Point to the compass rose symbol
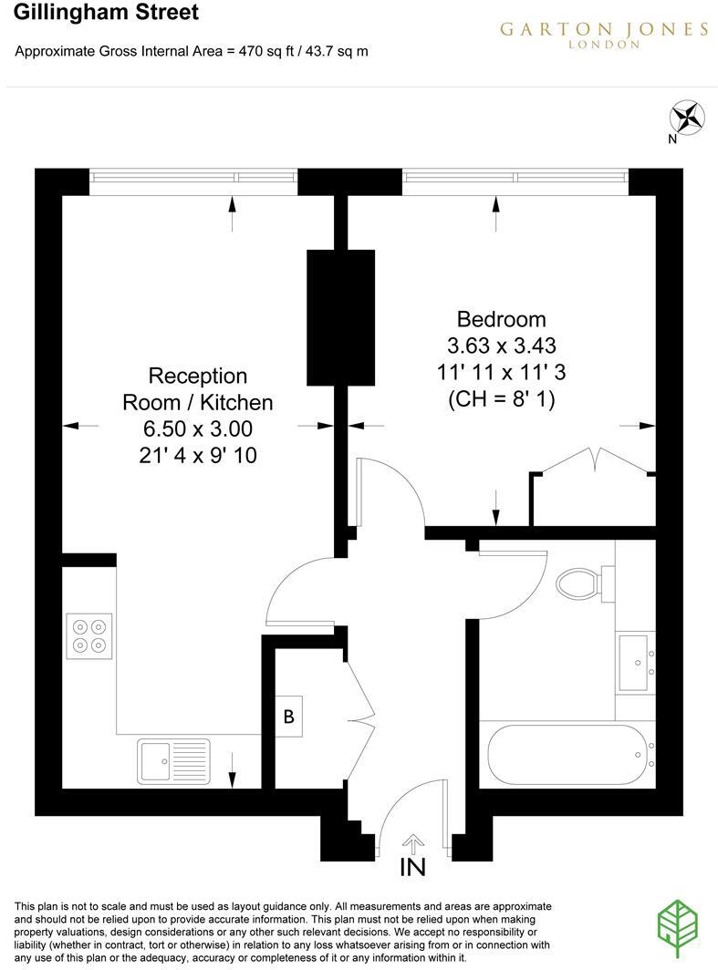click(x=687, y=118)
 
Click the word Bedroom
click(x=501, y=319)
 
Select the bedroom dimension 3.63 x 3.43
click(x=501, y=346)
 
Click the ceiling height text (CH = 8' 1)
click(x=501, y=398)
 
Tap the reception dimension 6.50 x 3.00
click(x=197, y=428)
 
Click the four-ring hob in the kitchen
click(x=88, y=635)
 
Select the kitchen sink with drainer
click(x=173, y=760)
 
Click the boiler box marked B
click(x=288, y=717)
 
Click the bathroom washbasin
click(x=635, y=662)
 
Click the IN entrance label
click(x=412, y=866)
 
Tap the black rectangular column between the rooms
click(x=340, y=317)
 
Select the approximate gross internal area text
click(x=192, y=52)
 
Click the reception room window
click(x=193, y=181)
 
